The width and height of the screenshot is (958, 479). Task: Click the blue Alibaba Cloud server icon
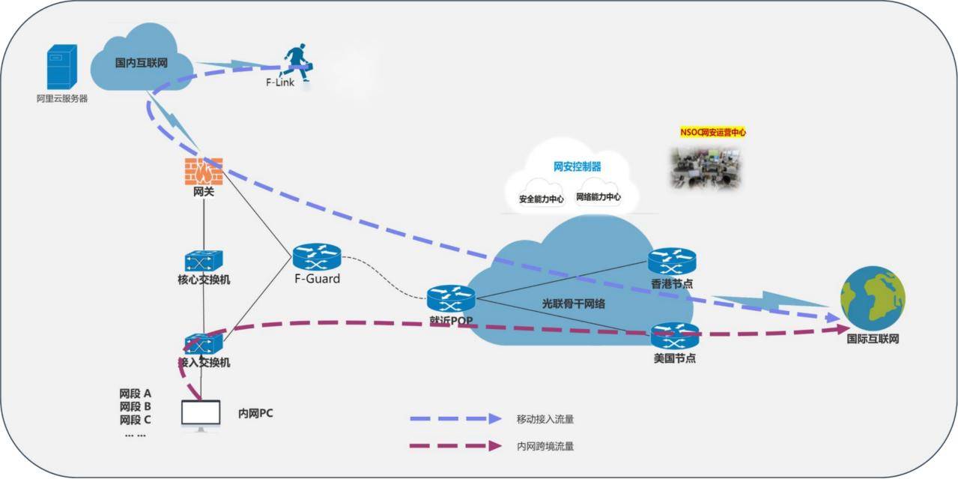click(61, 67)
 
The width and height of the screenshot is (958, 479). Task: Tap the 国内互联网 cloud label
click(141, 63)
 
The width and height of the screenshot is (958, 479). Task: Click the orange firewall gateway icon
click(204, 172)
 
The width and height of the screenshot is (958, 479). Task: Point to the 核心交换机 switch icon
click(204, 260)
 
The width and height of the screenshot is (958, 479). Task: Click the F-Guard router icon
click(316, 257)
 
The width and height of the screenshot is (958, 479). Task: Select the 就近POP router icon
click(450, 298)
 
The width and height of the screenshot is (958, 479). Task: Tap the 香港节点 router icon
click(672, 261)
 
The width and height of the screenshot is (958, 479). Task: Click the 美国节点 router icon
click(674, 335)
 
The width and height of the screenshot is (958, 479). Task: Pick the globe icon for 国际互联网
click(872, 298)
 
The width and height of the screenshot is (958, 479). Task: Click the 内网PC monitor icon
click(201, 415)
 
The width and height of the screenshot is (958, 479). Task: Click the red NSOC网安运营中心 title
click(712, 132)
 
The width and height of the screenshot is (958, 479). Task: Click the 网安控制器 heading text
click(577, 166)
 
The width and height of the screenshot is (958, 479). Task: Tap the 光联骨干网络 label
click(574, 304)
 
